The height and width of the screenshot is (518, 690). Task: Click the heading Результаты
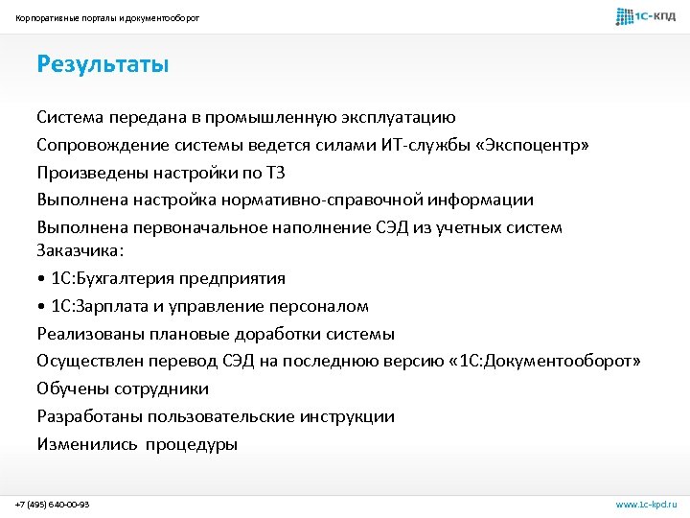coord(103,64)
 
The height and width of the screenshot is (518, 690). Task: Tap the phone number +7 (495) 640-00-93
coord(53,504)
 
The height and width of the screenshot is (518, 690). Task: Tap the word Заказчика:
coord(80,249)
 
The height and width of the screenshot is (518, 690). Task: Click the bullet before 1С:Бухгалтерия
coord(41,278)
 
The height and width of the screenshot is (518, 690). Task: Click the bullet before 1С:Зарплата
coord(41,306)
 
